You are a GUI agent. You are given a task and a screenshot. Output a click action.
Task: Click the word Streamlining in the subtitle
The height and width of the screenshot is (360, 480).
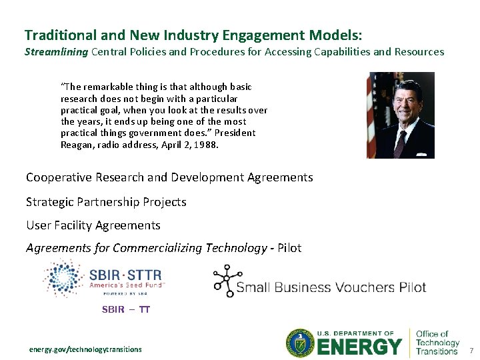[x=56, y=52]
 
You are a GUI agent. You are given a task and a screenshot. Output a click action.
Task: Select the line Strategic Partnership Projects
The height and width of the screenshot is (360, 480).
[x=106, y=202]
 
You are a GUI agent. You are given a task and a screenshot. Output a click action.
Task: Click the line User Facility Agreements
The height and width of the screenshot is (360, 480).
[x=93, y=225]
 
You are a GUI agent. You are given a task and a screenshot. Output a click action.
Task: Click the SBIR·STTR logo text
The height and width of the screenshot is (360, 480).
[x=125, y=274]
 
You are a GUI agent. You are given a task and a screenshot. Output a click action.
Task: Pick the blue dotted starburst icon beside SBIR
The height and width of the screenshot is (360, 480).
[x=62, y=279]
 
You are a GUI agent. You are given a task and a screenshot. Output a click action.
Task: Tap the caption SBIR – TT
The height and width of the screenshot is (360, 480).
[x=125, y=309]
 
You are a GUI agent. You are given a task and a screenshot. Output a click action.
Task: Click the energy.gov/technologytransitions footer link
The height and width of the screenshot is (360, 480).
[x=85, y=349]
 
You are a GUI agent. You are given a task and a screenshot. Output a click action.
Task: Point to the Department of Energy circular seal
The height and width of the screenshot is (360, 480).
[x=300, y=343]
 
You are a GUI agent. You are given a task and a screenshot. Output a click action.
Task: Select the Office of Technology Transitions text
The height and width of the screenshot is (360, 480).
[x=437, y=343]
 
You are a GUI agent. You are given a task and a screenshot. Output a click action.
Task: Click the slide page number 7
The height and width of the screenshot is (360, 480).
[x=471, y=350]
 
